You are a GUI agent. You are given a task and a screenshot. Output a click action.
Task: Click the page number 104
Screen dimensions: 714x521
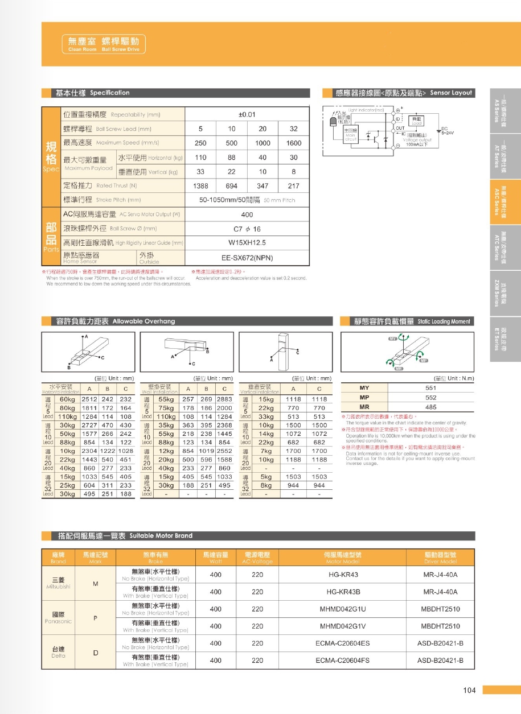click(469, 690)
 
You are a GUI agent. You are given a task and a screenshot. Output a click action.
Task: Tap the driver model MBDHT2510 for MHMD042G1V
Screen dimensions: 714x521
click(440, 626)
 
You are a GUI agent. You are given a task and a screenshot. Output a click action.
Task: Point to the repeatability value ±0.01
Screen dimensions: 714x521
click(246, 114)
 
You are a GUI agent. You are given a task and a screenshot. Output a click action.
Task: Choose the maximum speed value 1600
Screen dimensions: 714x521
click(294, 143)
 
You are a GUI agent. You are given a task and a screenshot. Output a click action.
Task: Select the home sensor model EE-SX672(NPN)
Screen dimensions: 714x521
click(246, 258)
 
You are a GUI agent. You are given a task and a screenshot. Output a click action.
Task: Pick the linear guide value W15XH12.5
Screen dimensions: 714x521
click(246, 242)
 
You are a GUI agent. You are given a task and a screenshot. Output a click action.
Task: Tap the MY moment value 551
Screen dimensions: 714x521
click(431, 388)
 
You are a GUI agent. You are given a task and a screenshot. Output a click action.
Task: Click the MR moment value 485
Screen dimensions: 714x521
click(431, 407)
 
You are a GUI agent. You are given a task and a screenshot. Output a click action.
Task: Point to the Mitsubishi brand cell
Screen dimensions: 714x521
click(58, 583)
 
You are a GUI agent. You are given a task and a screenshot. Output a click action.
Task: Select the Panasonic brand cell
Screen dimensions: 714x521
click(58, 618)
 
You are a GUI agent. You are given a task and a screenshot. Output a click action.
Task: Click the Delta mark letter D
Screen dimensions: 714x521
click(96, 653)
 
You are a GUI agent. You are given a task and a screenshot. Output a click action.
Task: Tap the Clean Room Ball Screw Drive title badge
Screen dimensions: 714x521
click(103, 44)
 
